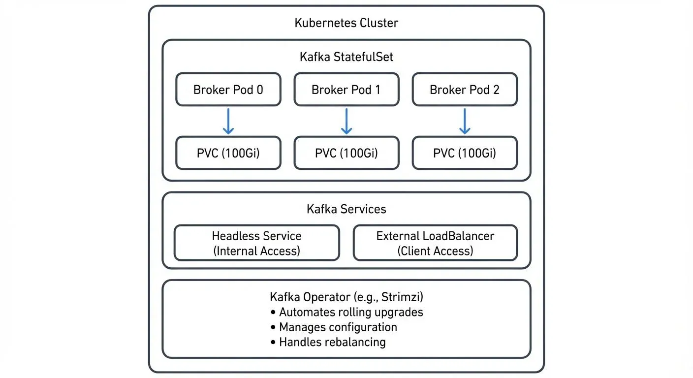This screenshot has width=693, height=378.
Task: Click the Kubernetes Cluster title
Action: coord(346,23)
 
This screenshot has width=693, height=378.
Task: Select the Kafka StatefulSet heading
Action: coord(346,57)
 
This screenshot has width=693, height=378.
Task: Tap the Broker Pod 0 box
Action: coord(228,90)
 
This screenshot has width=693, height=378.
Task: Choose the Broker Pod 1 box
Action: coord(346,90)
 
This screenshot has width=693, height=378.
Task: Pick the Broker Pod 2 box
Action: coord(464,90)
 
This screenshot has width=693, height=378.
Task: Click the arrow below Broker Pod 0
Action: coord(228,121)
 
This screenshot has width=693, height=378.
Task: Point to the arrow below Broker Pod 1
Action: coord(346,121)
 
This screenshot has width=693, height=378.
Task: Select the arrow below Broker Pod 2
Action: coord(464,121)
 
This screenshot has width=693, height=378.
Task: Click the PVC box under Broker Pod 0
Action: coord(228,153)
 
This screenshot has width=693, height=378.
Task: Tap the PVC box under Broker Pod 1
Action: coord(346,153)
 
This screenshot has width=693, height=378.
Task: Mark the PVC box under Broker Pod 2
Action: coord(464,153)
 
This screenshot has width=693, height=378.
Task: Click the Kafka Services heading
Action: coord(346,209)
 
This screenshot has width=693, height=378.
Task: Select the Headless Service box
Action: coord(256,243)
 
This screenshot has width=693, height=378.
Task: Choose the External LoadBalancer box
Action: coord(435,243)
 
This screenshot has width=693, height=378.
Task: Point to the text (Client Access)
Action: coord(435,251)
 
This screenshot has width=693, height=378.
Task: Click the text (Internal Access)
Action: coord(256,251)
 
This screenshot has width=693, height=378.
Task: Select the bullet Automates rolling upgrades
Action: coord(350,312)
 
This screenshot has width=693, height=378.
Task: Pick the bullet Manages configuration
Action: coord(338,327)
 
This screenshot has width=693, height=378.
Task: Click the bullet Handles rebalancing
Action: coord(332,342)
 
